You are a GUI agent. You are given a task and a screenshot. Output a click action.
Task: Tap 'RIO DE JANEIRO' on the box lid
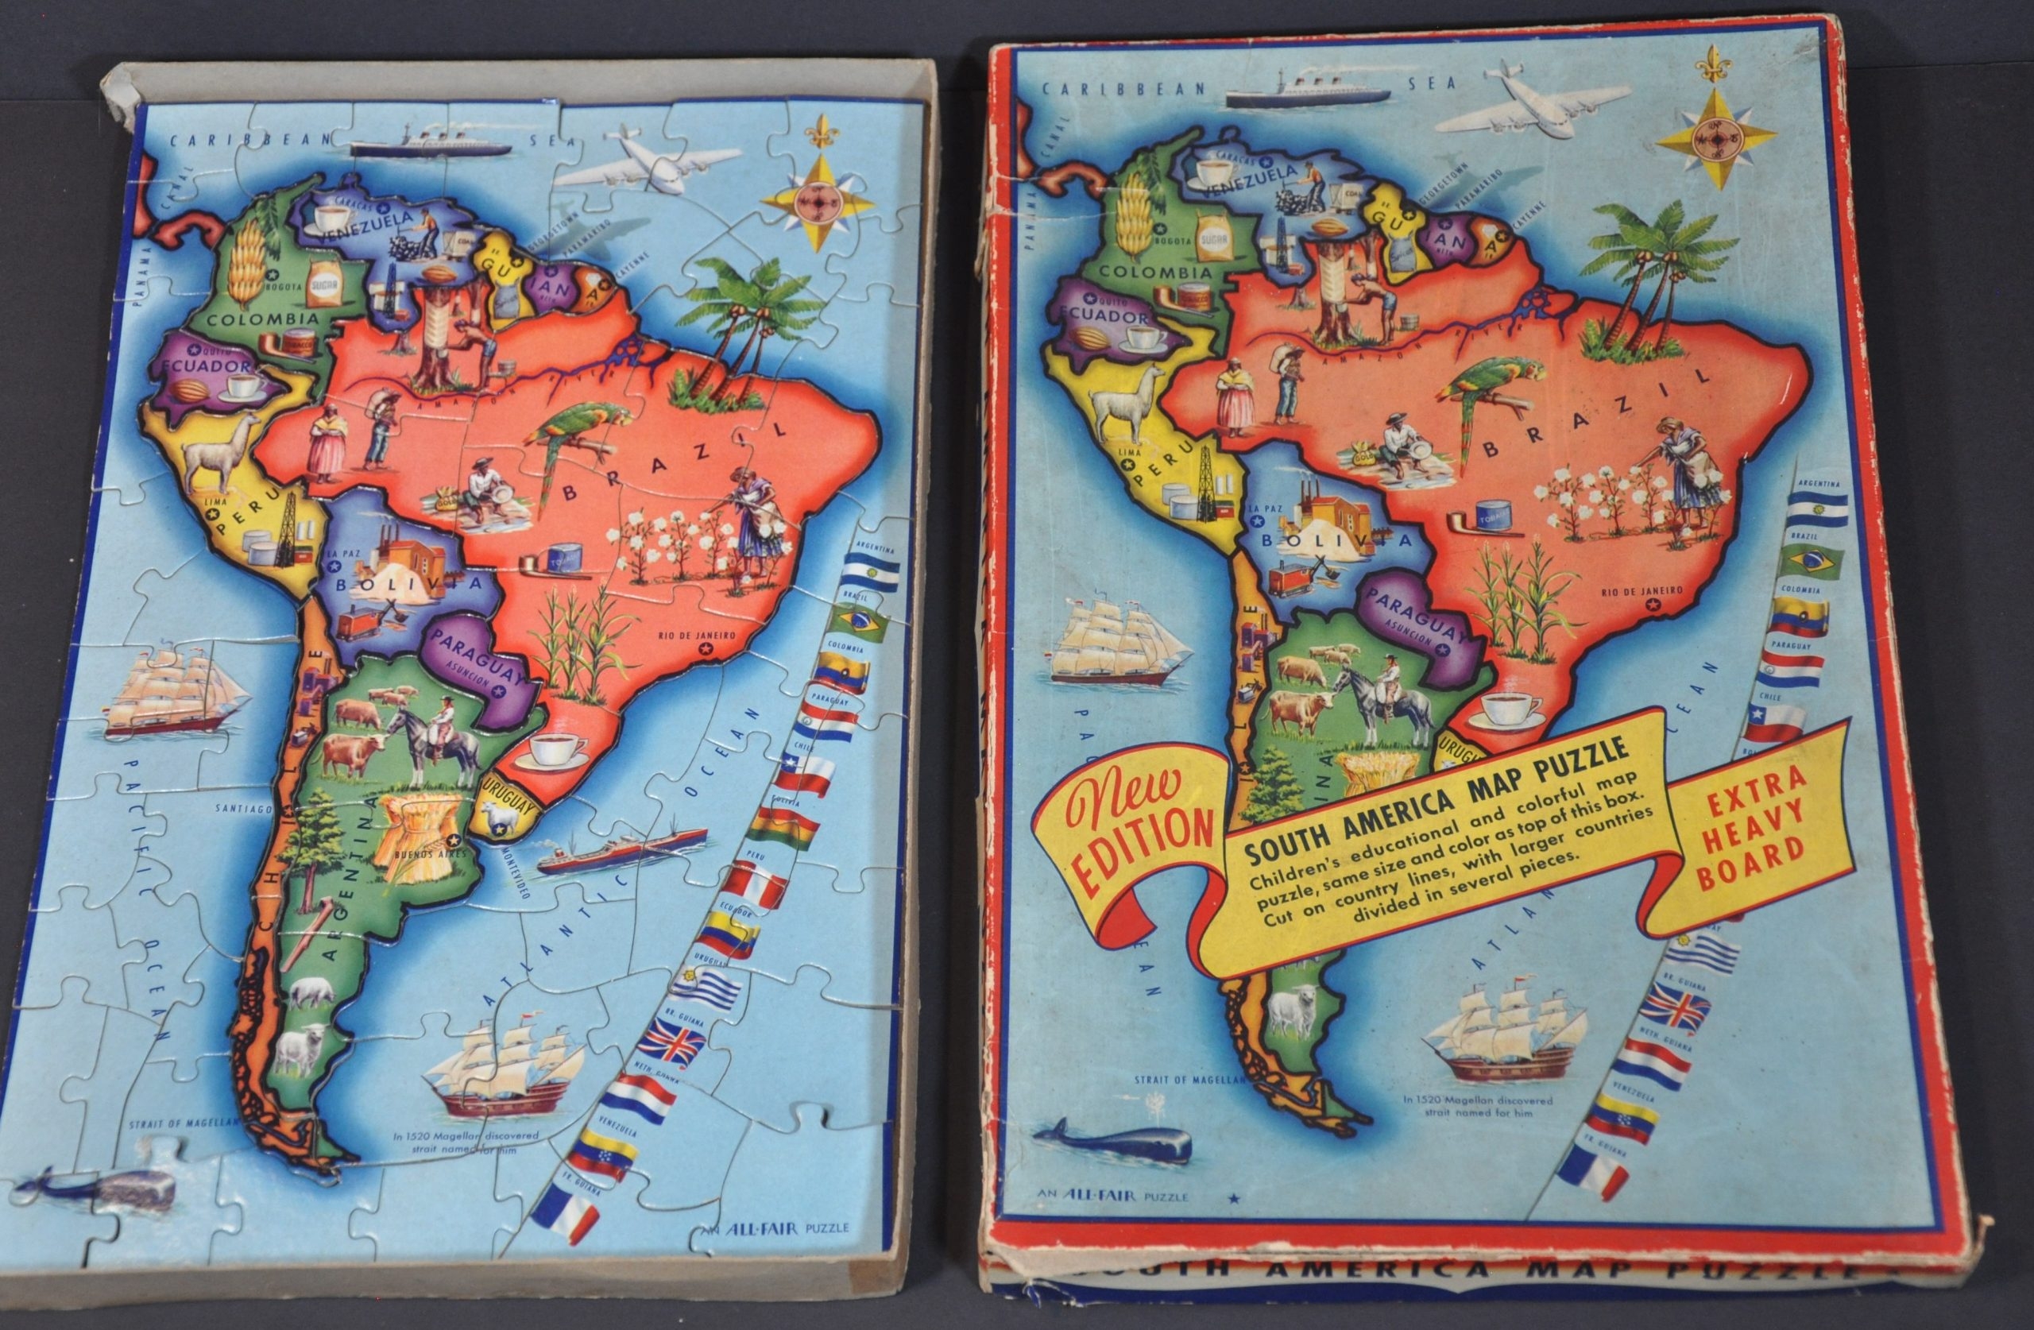1642,590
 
